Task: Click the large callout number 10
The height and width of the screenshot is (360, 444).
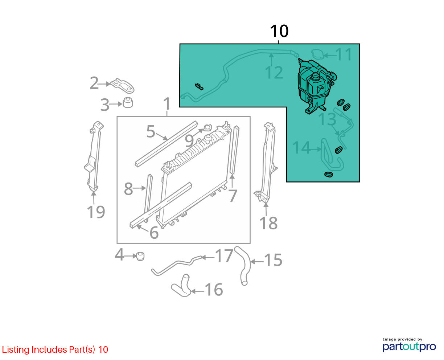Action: pyautogui.click(x=279, y=31)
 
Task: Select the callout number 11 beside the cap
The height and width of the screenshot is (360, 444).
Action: pyautogui.click(x=344, y=54)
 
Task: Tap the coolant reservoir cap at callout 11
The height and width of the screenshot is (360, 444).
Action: pyautogui.click(x=318, y=54)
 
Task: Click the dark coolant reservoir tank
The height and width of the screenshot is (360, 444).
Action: pyautogui.click(x=316, y=87)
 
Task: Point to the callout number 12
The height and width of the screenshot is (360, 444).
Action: pyautogui.click(x=274, y=73)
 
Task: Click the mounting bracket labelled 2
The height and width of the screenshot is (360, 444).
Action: pyautogui.click(x=122, y=86)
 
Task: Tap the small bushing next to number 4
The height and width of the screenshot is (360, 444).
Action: pyautogui.click(x=140, y=256)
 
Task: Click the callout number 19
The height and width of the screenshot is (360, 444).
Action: pyautogui.click(x=96, y=212)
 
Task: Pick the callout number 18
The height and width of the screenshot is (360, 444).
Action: pyautogui.click(x=268, y=223)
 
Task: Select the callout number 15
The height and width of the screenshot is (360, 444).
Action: pyautogui.click(x=273, y=260)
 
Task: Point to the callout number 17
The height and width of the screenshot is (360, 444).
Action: pyautogui.click(x=224, y=256)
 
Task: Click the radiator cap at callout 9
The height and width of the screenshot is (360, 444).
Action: pyautogui.click(x=207, y=127)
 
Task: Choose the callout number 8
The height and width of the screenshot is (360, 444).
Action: pyautogui.click(x=128, y=189)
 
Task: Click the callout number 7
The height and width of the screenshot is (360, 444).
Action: pyautogui.click(x=233, y=196)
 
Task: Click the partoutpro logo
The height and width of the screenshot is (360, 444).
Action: pyautogui.click(x=409, y=347)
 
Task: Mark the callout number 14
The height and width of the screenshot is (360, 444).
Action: pyautogui.click(x=301, y=147)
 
